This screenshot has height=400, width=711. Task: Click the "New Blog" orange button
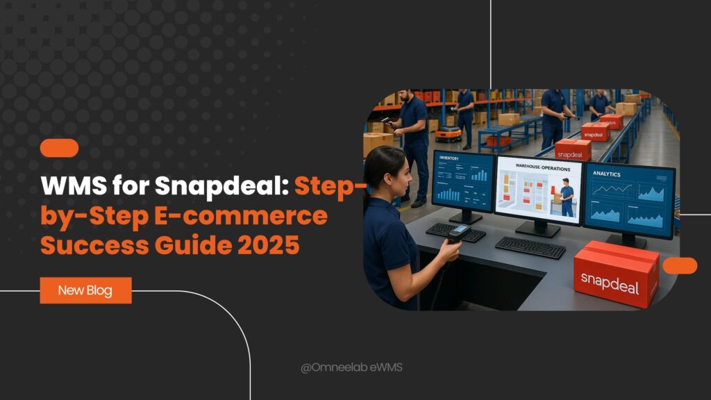(x=85, y=290)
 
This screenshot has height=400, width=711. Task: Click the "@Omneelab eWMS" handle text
(x=351, y=367)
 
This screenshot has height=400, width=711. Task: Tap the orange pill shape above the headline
(x=59, y=148)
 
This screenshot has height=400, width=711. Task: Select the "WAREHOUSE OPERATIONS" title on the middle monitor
(x=538, y=167)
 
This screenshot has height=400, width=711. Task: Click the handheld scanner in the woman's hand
(x=458, y=234)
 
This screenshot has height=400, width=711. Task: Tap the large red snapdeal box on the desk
(x=616, y=274)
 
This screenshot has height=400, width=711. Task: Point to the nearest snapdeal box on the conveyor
(x=574, y=149)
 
